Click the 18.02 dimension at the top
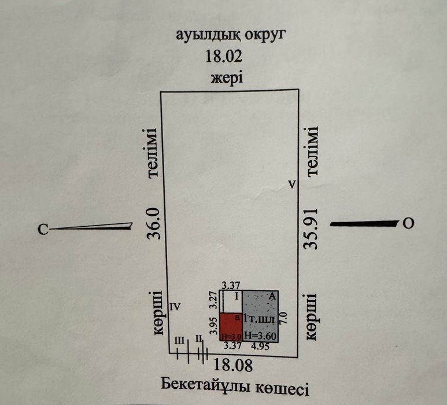pos(224,56)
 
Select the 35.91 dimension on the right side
pos(311,229)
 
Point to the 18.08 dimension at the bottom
pos(233,365)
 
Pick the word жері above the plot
pos(227,78)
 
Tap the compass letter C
pos(43,229)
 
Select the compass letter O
pos(408,223)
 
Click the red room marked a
pos(231,326)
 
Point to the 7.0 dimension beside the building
pos(285,318)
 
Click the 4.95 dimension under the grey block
pos(260,346)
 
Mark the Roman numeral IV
pos(175,307)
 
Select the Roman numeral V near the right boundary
pos(292,185)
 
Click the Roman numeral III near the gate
pos(179,341)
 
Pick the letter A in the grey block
pos(272,296)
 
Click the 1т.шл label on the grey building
pos(260,318)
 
